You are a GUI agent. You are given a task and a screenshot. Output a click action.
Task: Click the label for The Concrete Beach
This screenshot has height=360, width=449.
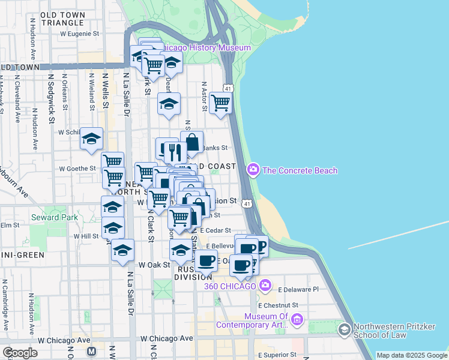[300, 170]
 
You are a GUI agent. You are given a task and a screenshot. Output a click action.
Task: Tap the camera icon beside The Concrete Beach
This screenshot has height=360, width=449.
[253, 170]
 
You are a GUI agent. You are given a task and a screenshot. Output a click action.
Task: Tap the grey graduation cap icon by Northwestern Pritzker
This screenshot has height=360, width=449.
[344, 330]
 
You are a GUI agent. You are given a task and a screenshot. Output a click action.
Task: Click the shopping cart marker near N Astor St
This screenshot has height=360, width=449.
[221, 103]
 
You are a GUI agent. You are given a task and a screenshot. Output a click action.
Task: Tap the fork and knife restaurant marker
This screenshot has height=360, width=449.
[175, 152]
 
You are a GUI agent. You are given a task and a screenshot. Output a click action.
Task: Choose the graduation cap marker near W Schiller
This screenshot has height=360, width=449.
[91, 139]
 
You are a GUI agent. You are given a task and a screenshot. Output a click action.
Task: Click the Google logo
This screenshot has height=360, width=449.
[20, 353]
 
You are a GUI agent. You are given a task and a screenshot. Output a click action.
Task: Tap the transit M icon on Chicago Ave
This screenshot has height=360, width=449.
[91, 351]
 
